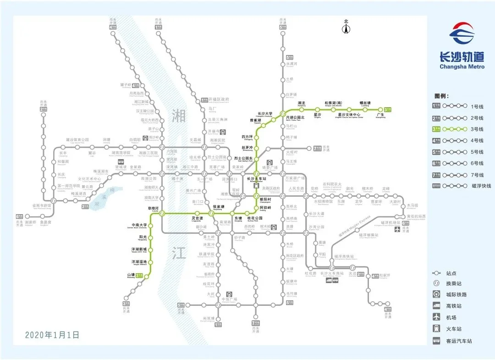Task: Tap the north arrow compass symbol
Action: (x=346, y=28)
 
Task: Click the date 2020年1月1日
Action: (x=52, y=335)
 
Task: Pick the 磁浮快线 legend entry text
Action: (x=481, y=186)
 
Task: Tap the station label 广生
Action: (x=380, y=114)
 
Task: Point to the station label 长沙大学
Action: (x=265, y=114)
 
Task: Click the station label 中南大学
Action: (x=139, y=225)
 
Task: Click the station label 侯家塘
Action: (x=218, y=207)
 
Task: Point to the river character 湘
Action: (x=179, y=117)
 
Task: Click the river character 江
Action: (x=179, y=252)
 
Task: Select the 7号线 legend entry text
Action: (x=477, y=175)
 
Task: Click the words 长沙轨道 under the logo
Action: (x=462, y=57)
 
